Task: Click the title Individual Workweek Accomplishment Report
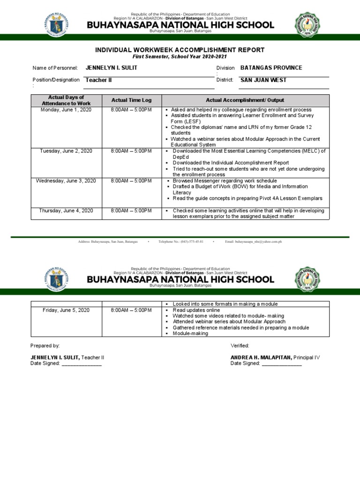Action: click(x=180, y=50)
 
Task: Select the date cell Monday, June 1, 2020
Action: click(x=66, y=110)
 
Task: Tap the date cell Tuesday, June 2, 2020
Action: click(x=66, y=151)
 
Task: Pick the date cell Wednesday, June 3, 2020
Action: click(x=66, y=180)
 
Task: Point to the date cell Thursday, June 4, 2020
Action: click(x=66, y=210)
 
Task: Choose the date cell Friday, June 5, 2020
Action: click(x=66, y=310)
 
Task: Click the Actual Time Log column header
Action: click(x=132, y=100)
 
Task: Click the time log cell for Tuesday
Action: click(x=132, y=151)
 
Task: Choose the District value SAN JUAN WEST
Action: click(x=263, y=80)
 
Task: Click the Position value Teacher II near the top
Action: click(x=99, y=80)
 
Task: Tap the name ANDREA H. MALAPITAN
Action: click(x=261, y=357)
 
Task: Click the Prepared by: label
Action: click(x=45, y=345)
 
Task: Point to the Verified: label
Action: click(x=240, y=345)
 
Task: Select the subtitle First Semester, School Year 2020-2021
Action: click(x=180, y=56)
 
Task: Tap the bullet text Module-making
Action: click(x=190, y=334)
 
